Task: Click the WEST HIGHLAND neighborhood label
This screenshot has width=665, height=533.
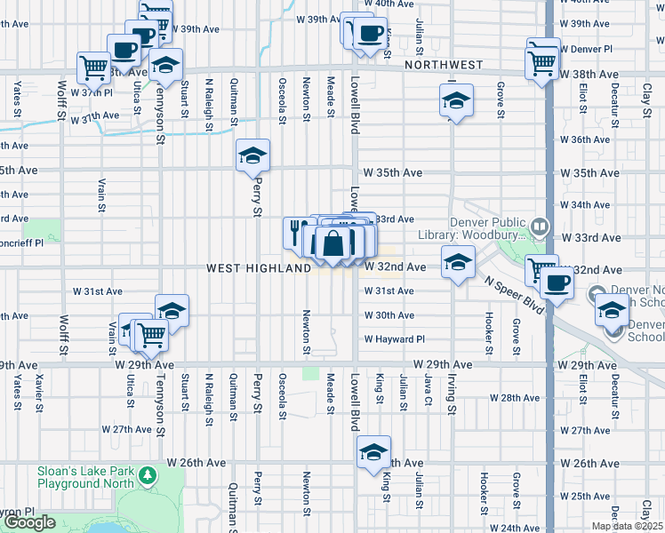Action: click(x=259, y=267)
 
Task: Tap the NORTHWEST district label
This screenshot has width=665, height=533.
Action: click(x=443, y=65)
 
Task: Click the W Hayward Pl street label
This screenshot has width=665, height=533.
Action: click(x=394, y=339)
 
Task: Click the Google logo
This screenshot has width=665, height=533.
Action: click(x=29, y=522)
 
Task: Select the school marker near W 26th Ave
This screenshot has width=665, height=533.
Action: click(x=374, y=453)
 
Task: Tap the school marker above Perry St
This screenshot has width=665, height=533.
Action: click(x=252, y=156)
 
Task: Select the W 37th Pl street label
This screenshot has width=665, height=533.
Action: click(x=92, y=92)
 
